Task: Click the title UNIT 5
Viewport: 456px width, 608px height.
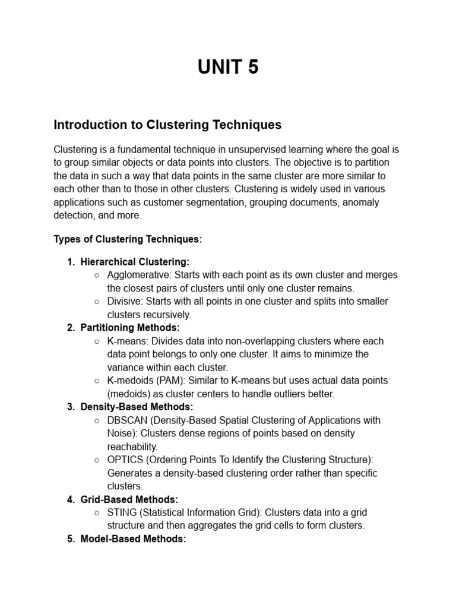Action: [x=228, y=68]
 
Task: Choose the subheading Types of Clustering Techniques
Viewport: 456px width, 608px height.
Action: [x=128, y=239]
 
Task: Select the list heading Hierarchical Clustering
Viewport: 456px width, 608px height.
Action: [x=135, y=262]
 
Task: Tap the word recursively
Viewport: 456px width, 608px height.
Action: [x=169, y=315]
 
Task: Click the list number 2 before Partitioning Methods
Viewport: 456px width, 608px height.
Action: [x=71, y=328]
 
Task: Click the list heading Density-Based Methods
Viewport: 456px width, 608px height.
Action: [x=137, y=407]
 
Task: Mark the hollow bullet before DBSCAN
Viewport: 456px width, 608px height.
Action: [x=97, y=420]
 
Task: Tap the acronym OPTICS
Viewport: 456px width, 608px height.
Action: [x=125, y=460]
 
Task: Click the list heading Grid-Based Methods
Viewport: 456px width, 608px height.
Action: [x=129, y=499]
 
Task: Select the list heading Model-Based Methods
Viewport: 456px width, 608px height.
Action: [x=133, y=539]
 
